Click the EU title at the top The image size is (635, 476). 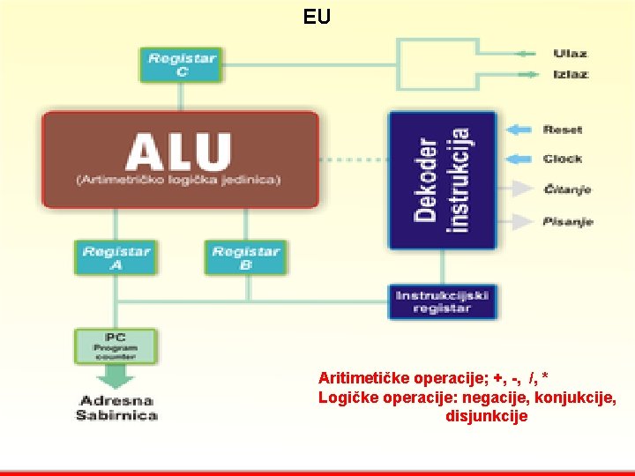click(317, 16)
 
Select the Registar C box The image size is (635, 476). click(181, 64)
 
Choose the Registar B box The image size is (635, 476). click(245, 257)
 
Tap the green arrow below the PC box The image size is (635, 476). click(116, 376)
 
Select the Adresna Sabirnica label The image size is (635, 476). click(116, 408)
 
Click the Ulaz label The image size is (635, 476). click(570, 54)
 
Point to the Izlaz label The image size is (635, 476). click(571, 74)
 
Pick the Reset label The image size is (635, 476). click(563, 130)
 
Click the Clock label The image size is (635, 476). click(563, 159)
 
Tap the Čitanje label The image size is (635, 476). click(566, 189)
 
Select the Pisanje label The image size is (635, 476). click(567, 220)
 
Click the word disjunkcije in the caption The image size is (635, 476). click(486, 416)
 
